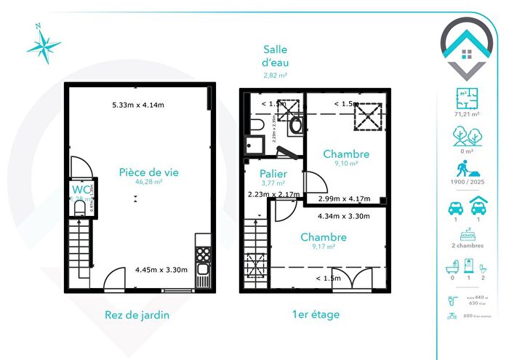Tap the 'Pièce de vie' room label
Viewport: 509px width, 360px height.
(x=149, y=172)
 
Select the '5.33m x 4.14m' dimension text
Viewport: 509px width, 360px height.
(x=138, y=105)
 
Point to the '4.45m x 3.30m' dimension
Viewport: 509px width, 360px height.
(x=161, y=270)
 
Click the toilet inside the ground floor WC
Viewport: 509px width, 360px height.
(x=80, y=208)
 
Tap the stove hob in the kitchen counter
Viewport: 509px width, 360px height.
(x=204, y=255)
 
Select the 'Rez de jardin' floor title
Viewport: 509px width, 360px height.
(x=138, y=315)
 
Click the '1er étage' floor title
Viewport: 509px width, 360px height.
(x=315, y=315)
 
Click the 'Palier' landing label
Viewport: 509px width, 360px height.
(x=273, y=175)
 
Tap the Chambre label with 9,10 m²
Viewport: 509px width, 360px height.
(x=346, y=154)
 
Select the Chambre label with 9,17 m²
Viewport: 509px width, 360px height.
(x=324, y=237)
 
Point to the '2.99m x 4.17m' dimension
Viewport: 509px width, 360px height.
(x=345, y=199)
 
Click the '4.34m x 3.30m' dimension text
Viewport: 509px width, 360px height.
(x=344, y=216)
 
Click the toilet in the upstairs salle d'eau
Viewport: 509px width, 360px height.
(x=295, y=125)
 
